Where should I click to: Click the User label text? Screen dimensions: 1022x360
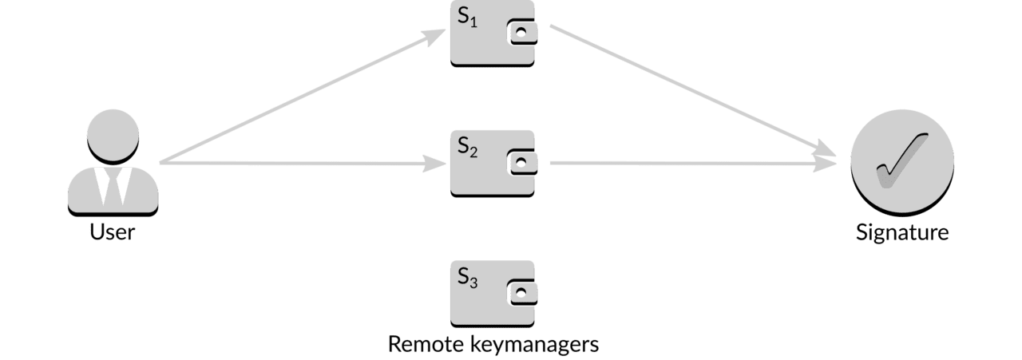[113, 231]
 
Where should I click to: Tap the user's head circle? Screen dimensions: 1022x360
[113, 136]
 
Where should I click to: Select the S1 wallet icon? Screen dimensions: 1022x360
[493, 34]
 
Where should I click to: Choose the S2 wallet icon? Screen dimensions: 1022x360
[493, 164]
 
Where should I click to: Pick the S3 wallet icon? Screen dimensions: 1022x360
[493, 294]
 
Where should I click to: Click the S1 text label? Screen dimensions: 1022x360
[467, 18]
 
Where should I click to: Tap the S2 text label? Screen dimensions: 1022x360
[467, 148]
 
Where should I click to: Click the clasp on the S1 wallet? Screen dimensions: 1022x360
[522, 32]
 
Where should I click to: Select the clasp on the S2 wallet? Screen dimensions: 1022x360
[522, 162]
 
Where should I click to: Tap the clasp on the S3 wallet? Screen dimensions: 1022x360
[522, 292]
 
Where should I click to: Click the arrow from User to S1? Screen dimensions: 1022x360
[303, 96]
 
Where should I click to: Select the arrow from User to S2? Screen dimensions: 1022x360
[303, 163]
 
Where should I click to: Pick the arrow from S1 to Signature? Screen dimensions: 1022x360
[693, 91]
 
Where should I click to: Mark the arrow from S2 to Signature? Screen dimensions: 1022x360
[693, 163]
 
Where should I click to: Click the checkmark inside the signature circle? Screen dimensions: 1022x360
[901, 160]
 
